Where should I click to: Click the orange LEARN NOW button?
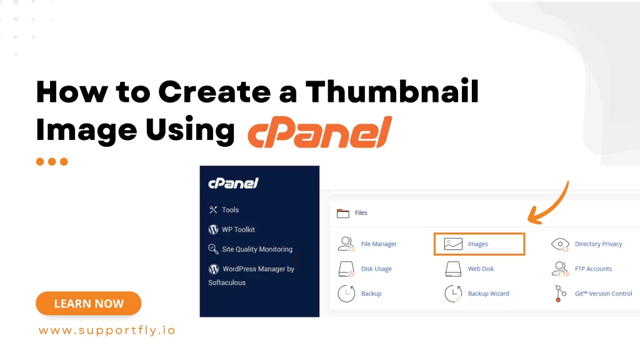[88, 304]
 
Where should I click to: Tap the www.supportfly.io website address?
[107, 331]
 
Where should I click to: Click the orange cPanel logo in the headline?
[319, 132]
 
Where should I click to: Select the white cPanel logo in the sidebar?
[233, 184]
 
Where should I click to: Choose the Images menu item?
[479, 244]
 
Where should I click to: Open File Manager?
[379, 244]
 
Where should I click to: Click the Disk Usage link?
[376, 269]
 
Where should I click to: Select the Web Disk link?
[481, 269]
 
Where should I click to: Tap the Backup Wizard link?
[488, 294]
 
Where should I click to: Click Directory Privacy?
[598, 244]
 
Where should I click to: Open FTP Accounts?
[593, 269]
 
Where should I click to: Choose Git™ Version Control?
[603, 294]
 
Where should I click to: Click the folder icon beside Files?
[343, 213]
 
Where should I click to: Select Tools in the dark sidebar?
[230, 210]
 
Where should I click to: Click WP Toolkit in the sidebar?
[238, 229]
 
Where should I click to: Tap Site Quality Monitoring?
[257, 249]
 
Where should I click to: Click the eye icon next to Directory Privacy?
[560, 244]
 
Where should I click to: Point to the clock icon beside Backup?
[346, 293]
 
